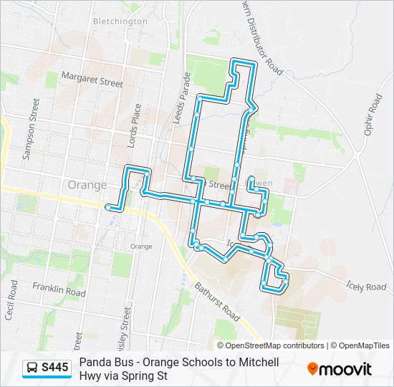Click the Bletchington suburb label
coord(120,21)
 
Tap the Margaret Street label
coord(92,79)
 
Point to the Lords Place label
coord(134,125)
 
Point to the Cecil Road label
coord(12,300)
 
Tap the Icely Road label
coord(365,286)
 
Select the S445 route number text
coord(55,368)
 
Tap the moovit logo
coord(340,369)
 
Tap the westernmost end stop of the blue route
coord(108,207)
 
